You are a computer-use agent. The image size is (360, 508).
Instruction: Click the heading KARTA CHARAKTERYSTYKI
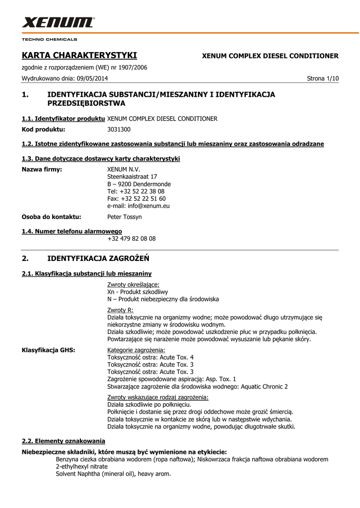coord(79,55)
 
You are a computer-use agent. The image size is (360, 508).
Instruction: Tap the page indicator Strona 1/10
coord(323,79)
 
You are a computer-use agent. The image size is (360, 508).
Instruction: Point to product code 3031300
coord(119,129)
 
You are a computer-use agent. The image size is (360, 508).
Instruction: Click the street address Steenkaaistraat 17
coord(132,177)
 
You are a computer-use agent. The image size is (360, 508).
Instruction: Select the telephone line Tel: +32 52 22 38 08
coord(136,191)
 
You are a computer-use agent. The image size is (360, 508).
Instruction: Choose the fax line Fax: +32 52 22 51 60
coord(136,198)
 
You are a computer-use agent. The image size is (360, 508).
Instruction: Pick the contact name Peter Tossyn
coord(124,217)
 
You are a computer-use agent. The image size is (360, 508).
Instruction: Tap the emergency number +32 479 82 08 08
coord(131,239)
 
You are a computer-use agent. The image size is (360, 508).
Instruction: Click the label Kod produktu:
coord(43,129)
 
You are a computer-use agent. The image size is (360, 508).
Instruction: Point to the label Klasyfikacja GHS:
coord(48,350)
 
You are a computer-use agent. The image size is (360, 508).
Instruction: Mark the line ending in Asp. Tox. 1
coord(171,379)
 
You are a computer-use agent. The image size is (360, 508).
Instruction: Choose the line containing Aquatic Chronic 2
coord(197,386)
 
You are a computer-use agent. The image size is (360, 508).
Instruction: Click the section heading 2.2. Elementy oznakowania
coord(63,441)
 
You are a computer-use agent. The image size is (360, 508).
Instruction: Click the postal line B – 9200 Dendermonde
coord(139,184)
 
